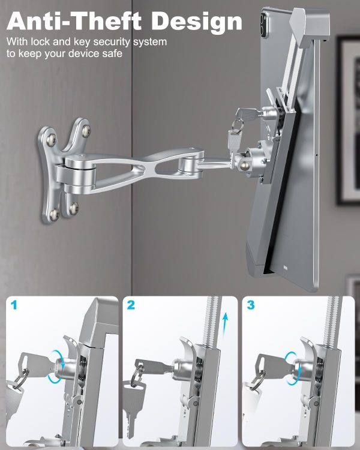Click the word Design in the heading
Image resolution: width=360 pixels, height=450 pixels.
[197, 22]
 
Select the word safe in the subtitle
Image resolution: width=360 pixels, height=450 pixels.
[112, 53]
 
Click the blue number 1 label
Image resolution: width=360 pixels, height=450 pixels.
[14, 305]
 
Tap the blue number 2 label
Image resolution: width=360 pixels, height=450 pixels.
[131, 305]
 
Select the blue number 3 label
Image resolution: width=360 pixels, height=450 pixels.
[251, 305]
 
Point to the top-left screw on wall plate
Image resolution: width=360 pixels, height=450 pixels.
[51, 140]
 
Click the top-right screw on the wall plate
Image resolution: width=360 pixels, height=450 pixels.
[86, 130]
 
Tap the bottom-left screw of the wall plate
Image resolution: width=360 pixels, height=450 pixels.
[54, 214]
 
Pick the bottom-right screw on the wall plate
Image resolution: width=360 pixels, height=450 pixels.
[74, 207]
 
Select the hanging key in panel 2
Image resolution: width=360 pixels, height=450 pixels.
[133, 404]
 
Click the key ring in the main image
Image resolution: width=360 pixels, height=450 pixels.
[238, 125]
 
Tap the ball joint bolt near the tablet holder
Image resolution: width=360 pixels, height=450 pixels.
[244, 165]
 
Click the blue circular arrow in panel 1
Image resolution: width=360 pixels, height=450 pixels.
[57, 367]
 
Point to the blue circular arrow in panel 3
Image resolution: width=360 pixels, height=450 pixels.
[292, 368]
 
